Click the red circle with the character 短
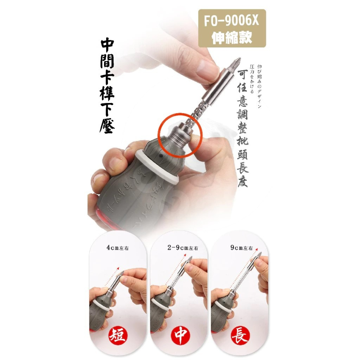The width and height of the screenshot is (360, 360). pyautogui.click(x=117, y=336)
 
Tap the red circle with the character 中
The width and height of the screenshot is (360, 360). pyautogui.click(x=179, y=336)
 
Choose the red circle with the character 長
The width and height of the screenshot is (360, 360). pyautogui.click(x=240, y=336)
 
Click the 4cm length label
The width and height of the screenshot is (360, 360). pyautogui.click(x=114, y=248)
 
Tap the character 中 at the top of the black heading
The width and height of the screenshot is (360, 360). pyautogui.click(x=107, y=45)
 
